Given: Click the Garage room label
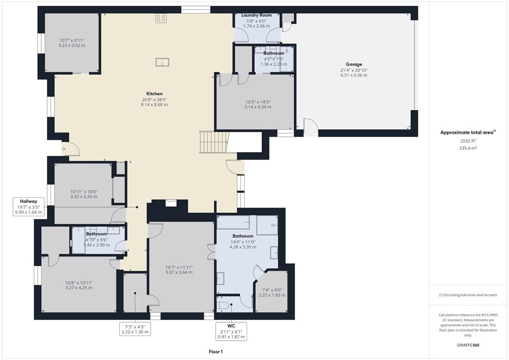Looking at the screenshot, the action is click(353, 64).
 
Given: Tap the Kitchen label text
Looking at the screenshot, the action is click(155, 93).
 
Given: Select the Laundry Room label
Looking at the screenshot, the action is click(256, 15).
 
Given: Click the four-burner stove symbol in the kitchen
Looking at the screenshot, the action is click(161, 18).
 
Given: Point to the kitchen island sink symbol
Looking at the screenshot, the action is click(162, 62).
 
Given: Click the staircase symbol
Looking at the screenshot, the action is click(214, 142).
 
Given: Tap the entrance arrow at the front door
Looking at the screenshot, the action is click(63, 149).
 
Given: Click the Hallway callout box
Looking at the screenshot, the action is click(28, 207).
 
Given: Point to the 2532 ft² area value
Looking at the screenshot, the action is click(468, 141).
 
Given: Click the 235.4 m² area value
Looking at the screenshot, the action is click(468, 148).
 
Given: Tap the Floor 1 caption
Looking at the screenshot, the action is click(216, 352).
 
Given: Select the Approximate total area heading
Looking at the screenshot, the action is click(468, 132).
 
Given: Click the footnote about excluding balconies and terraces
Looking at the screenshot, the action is click(468, 295).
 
